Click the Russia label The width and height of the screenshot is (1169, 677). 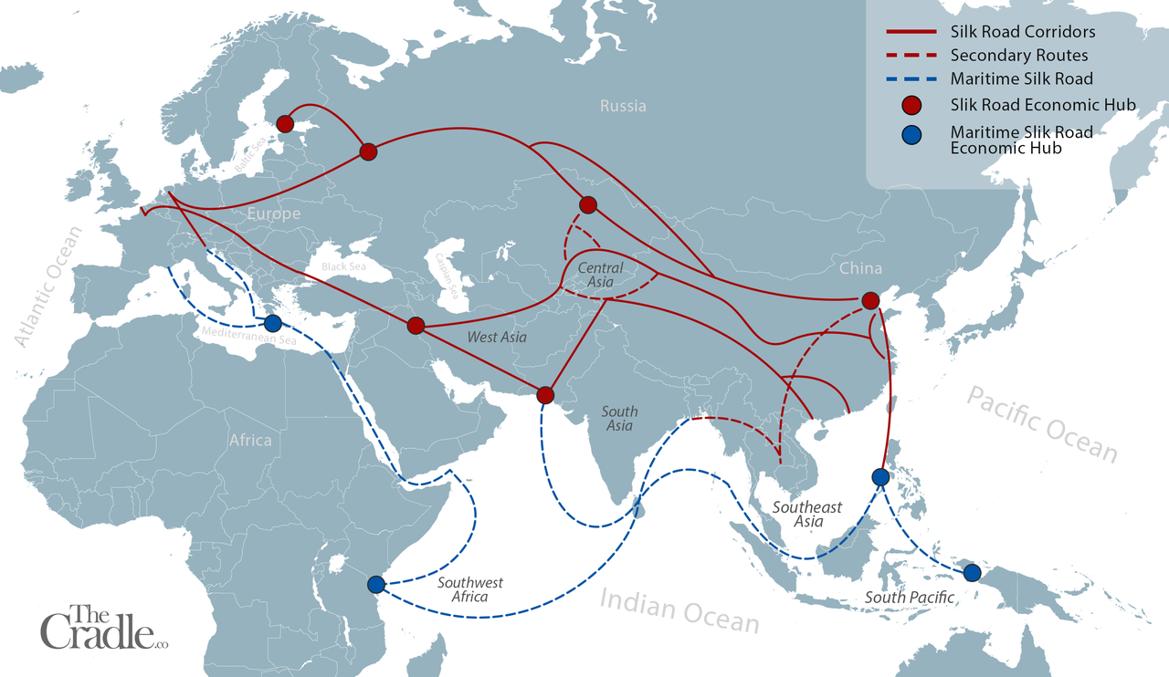(x=623, y=106)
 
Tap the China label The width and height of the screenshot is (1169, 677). (x=861, y=268)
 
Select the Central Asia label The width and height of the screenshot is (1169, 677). (x=601, y=276)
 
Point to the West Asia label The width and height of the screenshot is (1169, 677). (x=497, y=338)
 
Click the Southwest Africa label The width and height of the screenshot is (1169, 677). (x=469, y=589)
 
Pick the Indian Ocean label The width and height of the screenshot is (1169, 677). (x=679, y=609)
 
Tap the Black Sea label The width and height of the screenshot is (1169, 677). (x=342, y=266)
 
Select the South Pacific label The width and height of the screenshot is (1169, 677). (x=910, y=598)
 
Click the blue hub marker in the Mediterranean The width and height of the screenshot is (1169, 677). (x=272, y=323)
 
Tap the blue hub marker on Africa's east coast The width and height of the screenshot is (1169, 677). (x=375, y=584)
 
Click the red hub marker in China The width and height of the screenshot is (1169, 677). (x=870, y=301)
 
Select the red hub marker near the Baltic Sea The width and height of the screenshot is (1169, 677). (x=284, y=123)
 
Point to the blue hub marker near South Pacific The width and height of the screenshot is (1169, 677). (x=972, y=573)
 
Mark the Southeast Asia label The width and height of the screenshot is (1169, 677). (x=807, y=514)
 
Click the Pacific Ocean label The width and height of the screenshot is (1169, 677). (x=1041, y=423)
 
